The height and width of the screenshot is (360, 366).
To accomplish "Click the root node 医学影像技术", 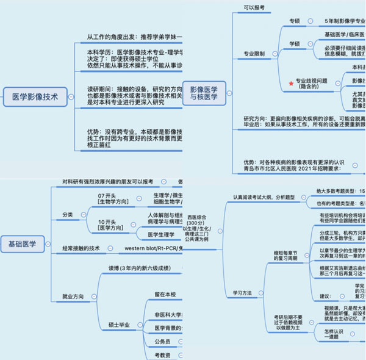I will [x=35, y=96].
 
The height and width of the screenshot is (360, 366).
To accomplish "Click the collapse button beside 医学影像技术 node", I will [x=72, y=96].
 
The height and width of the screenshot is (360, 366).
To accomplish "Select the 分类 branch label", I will [x=68, y=215].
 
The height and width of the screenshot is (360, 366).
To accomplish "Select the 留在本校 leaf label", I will [x=167, y=294].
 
